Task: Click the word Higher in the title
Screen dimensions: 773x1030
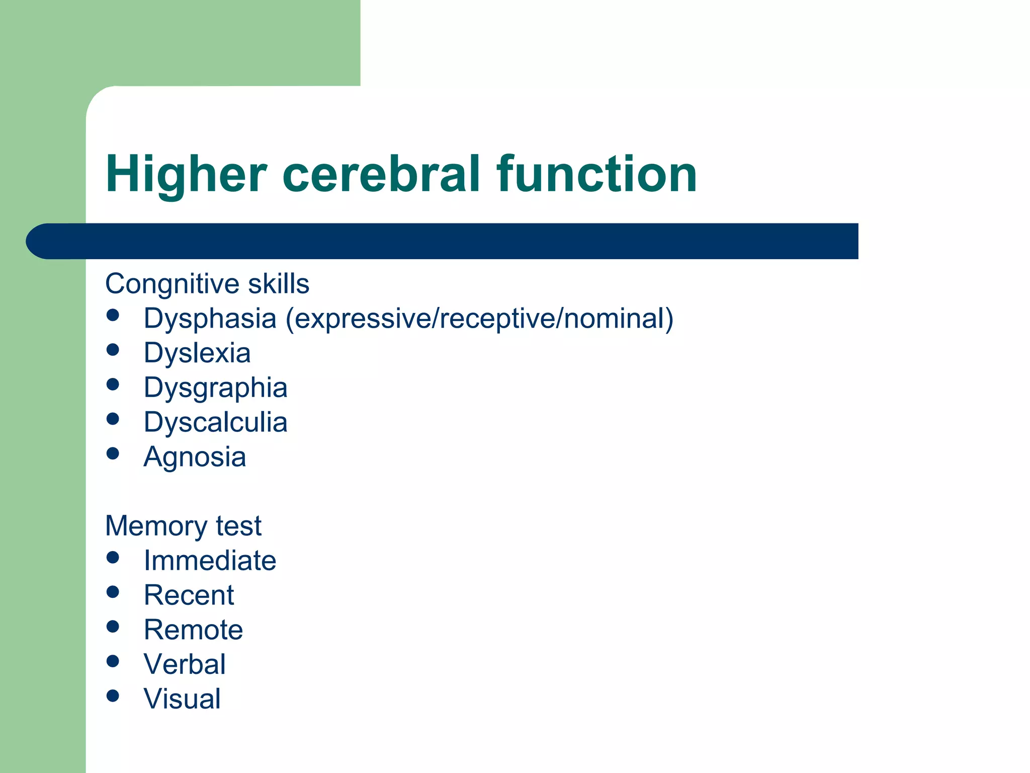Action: [186, 174]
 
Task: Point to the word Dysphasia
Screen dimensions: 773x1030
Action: [210, 319]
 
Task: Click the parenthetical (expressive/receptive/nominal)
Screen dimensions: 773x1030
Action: [479, 319]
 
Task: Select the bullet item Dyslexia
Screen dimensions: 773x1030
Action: [197, 353]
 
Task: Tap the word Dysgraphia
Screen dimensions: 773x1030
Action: [215, 388]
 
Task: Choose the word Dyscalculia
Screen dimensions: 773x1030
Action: [215, 422]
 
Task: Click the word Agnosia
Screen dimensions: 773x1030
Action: [195, 457]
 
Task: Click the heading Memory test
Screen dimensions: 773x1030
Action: [183, 526]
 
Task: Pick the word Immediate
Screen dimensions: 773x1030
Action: [210, 561]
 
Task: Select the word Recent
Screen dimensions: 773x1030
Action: [189, 595]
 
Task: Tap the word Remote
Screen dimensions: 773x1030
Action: [193, 630]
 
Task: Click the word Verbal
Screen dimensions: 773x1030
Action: [185, 664]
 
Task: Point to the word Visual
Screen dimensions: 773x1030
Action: [182, 699]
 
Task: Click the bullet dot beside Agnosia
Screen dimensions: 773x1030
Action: [113, 453]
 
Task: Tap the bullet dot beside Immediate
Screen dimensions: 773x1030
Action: [113, 557]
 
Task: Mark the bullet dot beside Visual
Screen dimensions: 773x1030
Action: [113, 695]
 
